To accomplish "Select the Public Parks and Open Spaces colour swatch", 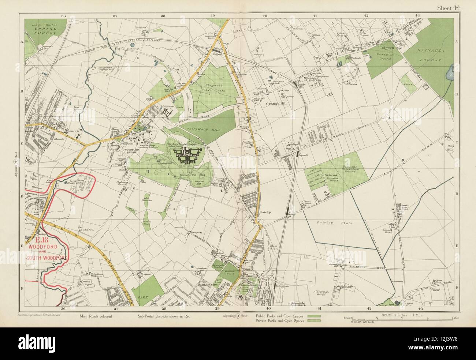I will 314,315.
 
